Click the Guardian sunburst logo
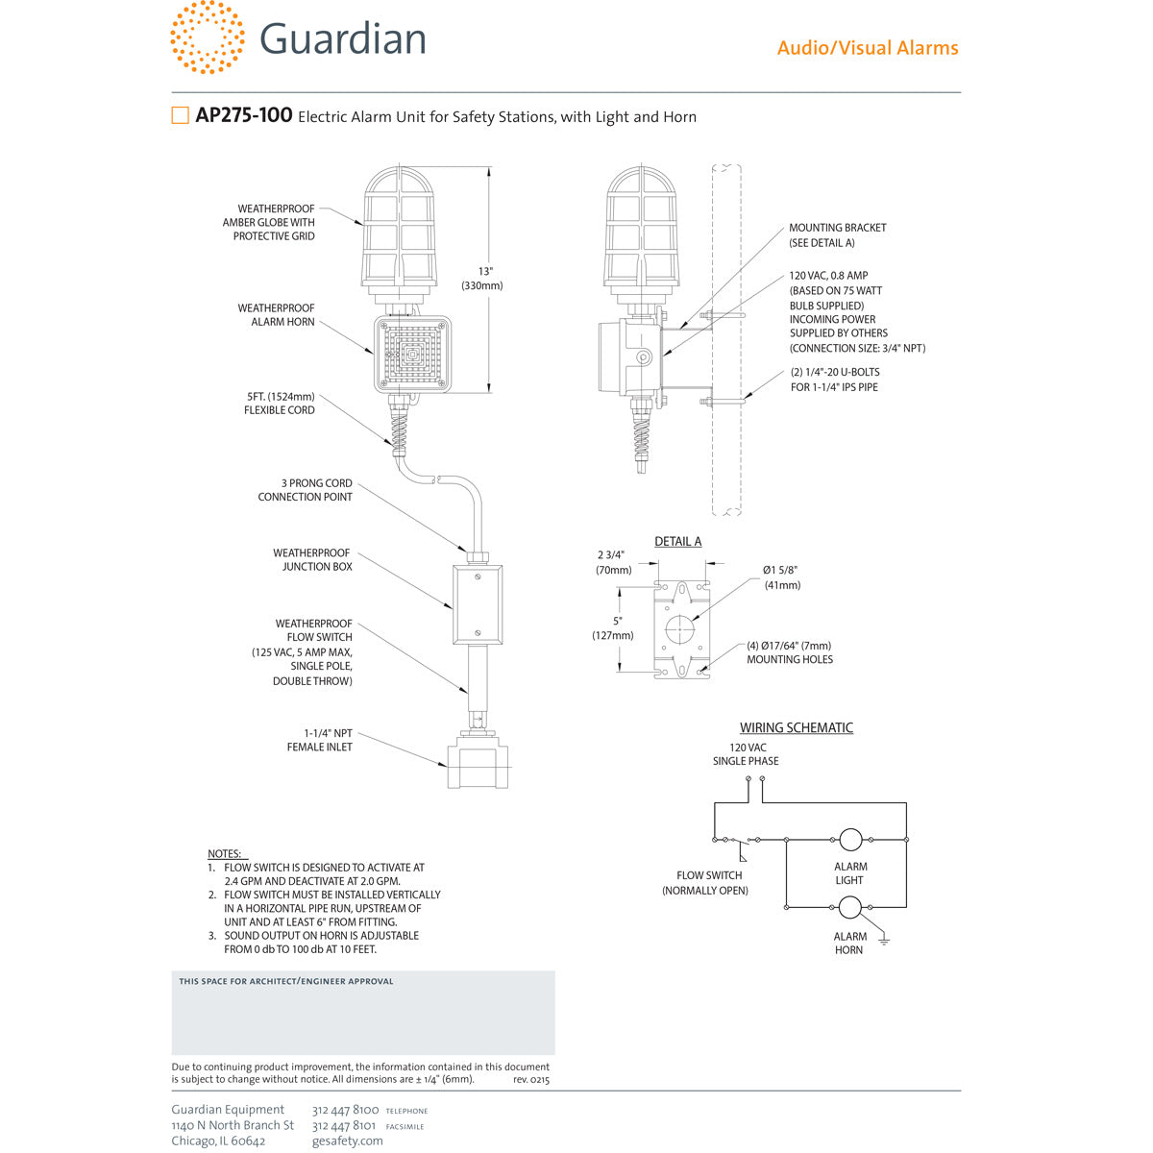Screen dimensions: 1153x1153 pos(207,37)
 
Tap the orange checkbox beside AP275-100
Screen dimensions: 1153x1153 pos(180,115)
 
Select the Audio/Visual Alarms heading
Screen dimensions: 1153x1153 pos(867,48)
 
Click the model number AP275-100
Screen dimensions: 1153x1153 pos(244,115)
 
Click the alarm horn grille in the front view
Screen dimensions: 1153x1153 pos(411,353)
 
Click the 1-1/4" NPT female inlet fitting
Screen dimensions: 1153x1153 pos(477,764)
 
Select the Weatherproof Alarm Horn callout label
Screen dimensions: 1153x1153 pos(277,315)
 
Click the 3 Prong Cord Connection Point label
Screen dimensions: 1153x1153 pos(305,490)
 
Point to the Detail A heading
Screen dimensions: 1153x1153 pos(677,542)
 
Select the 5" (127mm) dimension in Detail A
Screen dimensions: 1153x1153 pos(612,627)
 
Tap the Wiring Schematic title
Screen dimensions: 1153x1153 pos(796,728)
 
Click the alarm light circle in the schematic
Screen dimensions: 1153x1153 pos(849,839)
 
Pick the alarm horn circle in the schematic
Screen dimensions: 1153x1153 pos(849,907)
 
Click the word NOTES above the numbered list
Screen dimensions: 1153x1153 pos(225,853)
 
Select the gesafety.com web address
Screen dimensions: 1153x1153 pos(347,1141)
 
